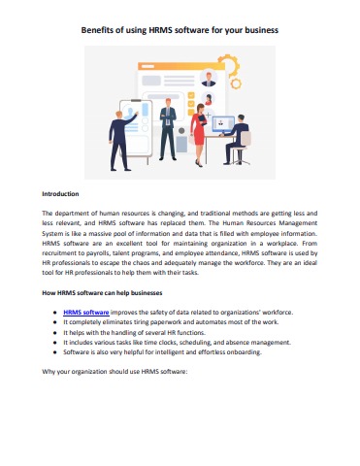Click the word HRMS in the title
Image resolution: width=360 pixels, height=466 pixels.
pos(161,31)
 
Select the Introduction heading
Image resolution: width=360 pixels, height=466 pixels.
pos(60,193)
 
